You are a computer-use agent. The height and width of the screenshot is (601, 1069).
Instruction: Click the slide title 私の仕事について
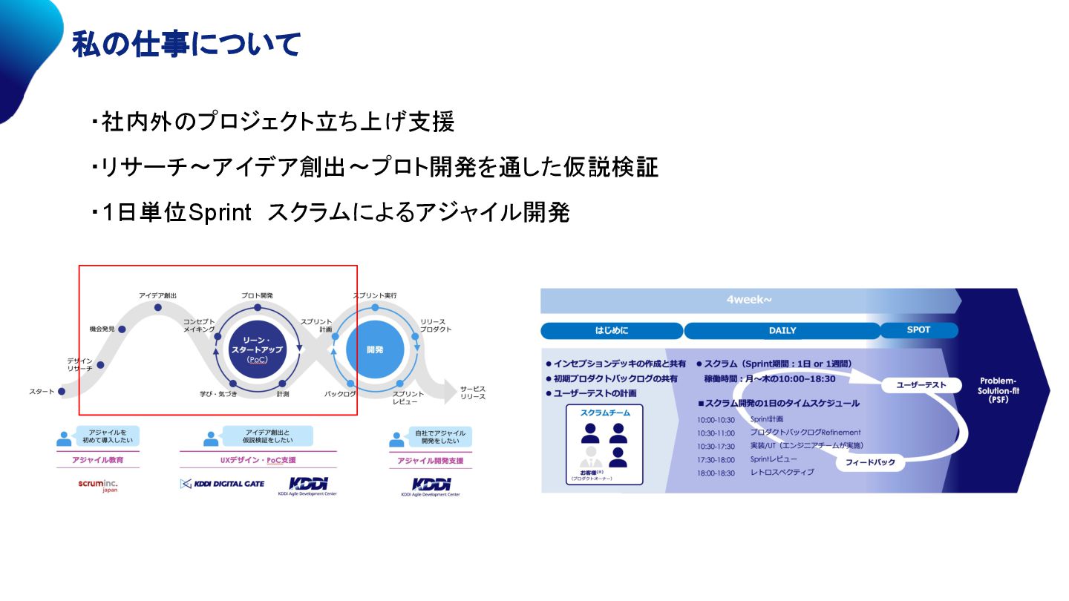coord(186,45)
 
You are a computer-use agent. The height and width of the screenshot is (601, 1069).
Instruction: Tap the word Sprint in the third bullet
coord(220,213)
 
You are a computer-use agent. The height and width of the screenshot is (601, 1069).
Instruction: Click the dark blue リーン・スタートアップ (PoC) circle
coord(257,349)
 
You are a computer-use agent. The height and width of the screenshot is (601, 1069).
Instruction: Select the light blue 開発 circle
coord(374,349)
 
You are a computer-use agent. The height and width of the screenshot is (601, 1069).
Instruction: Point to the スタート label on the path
coord(42,391)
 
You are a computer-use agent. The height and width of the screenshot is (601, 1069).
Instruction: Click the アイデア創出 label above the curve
coord(157,295)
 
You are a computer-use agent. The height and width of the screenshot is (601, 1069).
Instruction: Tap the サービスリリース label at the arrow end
coord(472,393)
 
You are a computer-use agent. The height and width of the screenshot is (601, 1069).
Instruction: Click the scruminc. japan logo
coord(98,485)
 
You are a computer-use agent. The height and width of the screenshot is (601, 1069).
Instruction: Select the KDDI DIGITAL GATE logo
coord(222,484)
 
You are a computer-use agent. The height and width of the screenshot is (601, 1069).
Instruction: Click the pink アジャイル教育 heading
coord(97,460)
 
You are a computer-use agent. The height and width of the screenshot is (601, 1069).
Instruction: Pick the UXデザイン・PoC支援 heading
coord(258,460)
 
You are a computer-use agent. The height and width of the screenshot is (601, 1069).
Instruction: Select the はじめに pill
coord(611,331)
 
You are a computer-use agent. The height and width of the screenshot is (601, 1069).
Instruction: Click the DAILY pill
coord(782,331)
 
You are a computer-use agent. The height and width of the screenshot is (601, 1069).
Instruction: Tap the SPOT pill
coord(918,329)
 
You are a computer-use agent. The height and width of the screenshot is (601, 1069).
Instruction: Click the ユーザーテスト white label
coord(921,385)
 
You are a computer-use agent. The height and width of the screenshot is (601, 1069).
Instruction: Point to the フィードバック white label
coord(870,463)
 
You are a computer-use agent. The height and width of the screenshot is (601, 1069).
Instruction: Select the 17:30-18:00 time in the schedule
coord(716,459)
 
